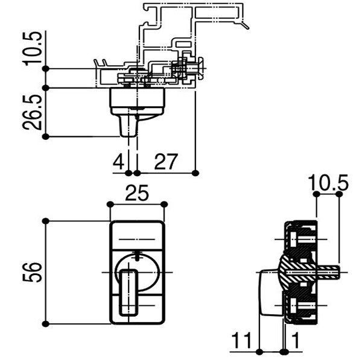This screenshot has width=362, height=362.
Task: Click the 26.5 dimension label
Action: coord(33,112)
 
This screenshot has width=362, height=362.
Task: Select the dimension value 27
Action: coord(166,162)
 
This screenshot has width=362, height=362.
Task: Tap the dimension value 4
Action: coord(118,162)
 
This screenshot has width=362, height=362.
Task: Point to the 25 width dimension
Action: coord(137,193)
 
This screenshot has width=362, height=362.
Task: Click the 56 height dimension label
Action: coord(33,272)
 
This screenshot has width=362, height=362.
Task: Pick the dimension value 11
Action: coord(241,340)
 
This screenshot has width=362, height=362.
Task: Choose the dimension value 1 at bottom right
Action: coord(295,340)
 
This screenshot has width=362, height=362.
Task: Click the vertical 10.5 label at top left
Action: coord(33,48)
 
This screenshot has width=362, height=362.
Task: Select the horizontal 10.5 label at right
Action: coord(328,182)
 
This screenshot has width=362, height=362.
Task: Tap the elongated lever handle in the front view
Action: coord(129,292)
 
